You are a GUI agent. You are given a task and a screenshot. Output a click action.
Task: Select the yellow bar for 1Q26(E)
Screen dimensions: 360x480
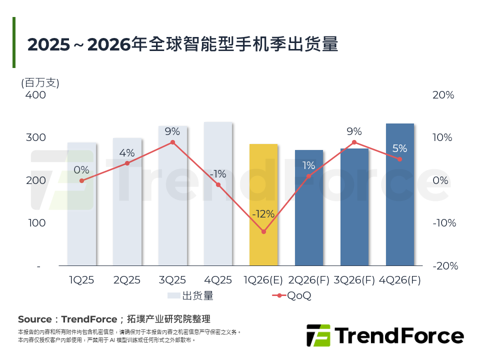pyautogui.click(x=263, y=205)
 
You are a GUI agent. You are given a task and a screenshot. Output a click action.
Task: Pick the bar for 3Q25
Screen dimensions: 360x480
pyautogui.click(x=172, y=200)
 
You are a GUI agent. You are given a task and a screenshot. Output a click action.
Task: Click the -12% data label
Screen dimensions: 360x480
pyautogui.click(x=263, y=214)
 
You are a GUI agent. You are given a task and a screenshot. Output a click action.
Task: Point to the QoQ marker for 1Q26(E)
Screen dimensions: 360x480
pyautogui.click(x=263, y=231)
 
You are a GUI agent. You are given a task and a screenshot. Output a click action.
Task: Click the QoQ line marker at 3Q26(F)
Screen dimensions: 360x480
pyautogui.click(x=354, y=142)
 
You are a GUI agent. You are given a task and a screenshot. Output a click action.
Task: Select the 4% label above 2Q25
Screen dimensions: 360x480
pyautogui.click(x=127, y=153)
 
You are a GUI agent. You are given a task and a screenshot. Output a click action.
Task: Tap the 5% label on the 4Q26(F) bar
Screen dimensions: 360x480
pyautogui.click(x=400, y=148)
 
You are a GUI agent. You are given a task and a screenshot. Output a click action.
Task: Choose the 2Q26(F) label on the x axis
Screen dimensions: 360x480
pyautogui.click(x=309, y=280)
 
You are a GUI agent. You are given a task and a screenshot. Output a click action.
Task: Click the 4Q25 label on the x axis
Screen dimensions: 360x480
pyautogui.click(x=218, y=280)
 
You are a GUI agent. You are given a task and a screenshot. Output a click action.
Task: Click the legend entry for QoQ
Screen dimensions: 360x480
pyautogui.click(x=292, y=295)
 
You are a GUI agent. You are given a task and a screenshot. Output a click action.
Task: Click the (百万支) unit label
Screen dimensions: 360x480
pyautogui.click(x=40, y=82)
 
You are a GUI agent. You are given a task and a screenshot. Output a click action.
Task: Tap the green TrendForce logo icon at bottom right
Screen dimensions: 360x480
pyautogui.click(x=318, y=335)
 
